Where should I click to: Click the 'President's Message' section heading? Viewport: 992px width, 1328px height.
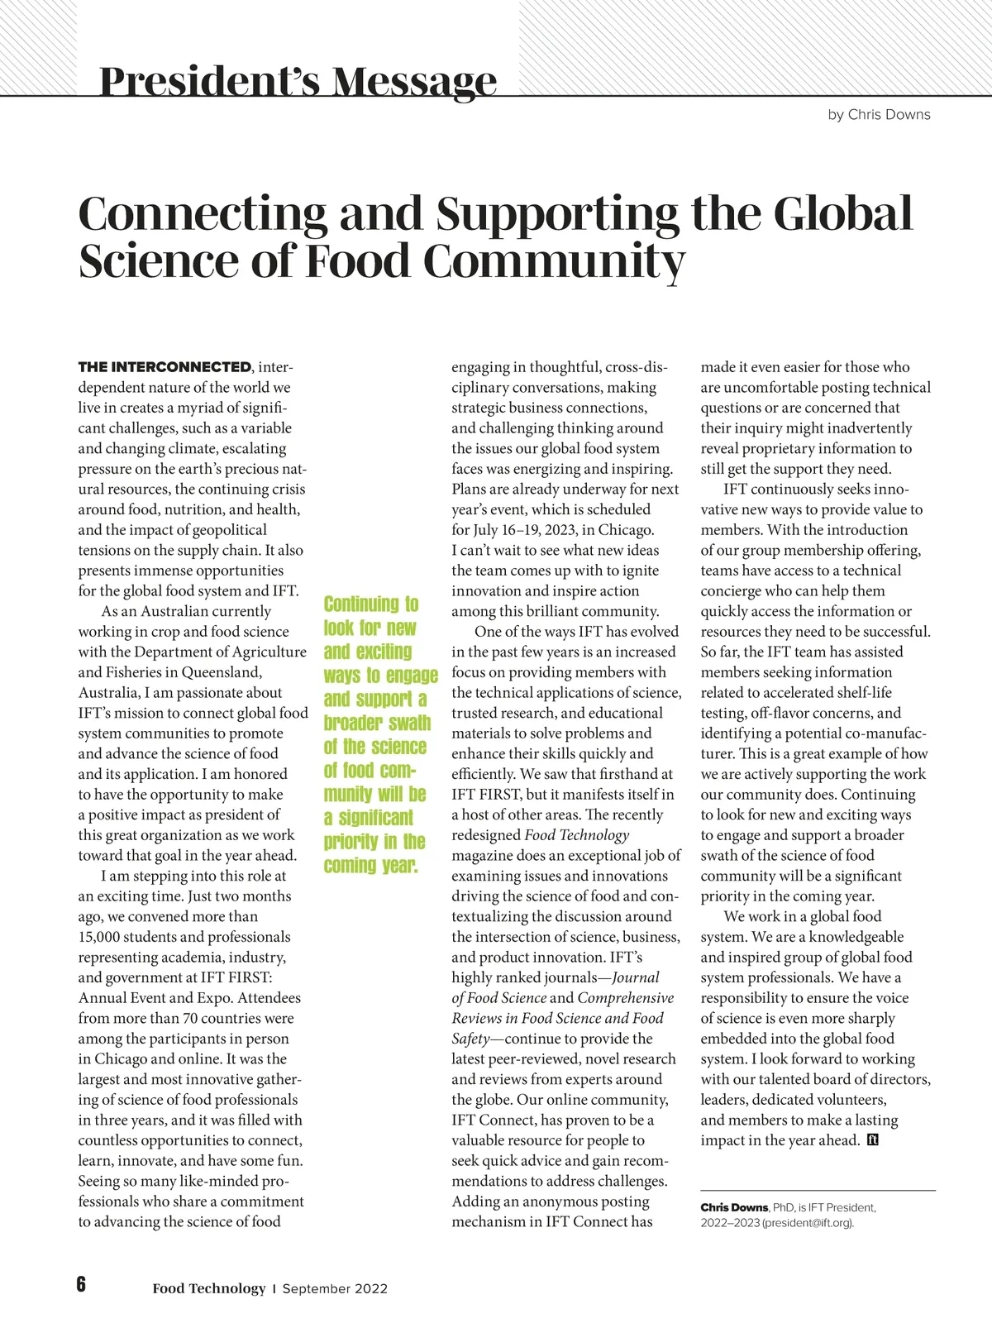pos(298,81)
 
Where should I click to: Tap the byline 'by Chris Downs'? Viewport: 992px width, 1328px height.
pos(879,115)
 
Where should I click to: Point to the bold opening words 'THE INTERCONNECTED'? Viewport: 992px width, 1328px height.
pos(165,367)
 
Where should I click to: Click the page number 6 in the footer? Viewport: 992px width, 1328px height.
pos(81,1284)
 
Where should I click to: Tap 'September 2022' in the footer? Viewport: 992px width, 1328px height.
pos(335,1288)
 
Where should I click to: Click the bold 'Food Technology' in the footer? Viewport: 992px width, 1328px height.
pos(208,1288)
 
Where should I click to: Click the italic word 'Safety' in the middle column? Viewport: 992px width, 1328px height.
pos(470,1039)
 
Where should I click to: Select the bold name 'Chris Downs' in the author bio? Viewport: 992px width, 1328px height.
pos(734,1207)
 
